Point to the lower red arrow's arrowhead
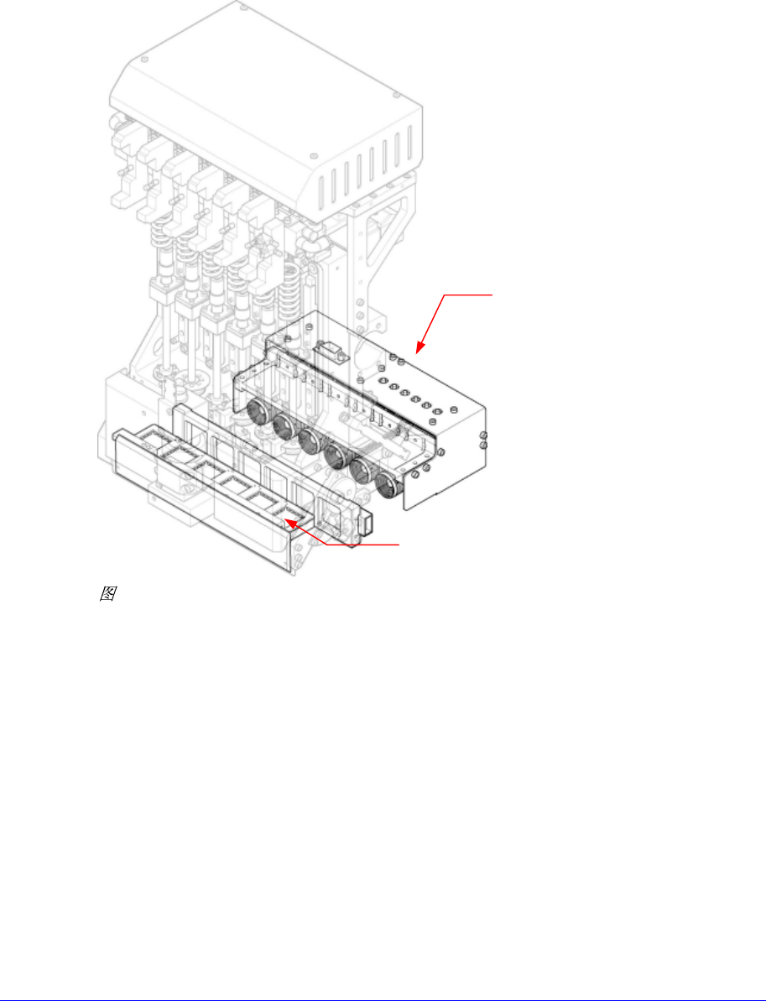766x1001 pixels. pyautogui.click(x=287, y=521)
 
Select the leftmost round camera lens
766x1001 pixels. pyautogui.click(x=256, y=413)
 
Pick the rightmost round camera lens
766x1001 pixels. pyautogui.click(x=386, y=486)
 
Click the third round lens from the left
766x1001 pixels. pyautogui.click(x=310, y=441)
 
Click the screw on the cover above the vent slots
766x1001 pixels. pyautogui.click(x=313, y=155)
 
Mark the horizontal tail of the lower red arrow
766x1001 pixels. pyautogui.click(x=361, y=545)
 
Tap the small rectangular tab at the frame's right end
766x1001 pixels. pyautogui.click(x=367, y=524)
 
